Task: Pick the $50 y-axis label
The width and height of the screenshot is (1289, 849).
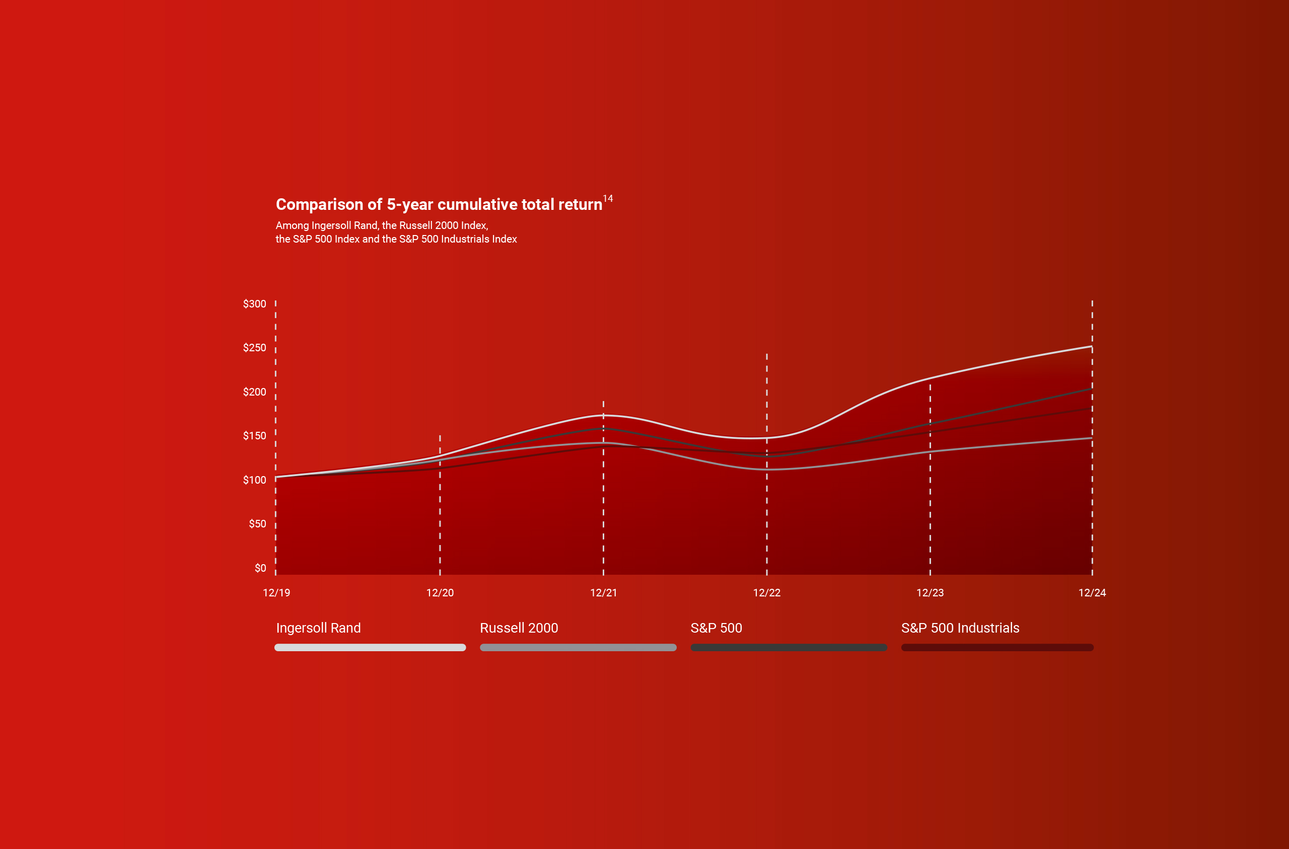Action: pos(257,523)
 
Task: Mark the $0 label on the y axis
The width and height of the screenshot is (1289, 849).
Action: pos(260,568)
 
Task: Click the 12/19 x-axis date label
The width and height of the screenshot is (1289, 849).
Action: pos(276,593)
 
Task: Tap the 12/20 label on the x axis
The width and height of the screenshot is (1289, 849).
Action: pos(440,593)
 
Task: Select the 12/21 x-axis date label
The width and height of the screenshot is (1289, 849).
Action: pos(603,593)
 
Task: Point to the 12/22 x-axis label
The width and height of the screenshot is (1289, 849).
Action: pos(766,593)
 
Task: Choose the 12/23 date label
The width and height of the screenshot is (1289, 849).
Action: pos(930,593)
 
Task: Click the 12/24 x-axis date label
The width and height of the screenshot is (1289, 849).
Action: pos(1092,593)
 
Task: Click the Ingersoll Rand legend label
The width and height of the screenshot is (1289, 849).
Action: pos(318,628)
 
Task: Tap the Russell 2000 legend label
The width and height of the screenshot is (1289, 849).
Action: pos(519,628)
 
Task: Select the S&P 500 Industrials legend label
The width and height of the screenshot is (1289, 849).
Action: pos(960,628)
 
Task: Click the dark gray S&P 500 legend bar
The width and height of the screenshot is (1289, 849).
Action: pos(789,648)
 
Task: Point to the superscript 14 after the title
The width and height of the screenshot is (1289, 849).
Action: pos(608,199)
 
